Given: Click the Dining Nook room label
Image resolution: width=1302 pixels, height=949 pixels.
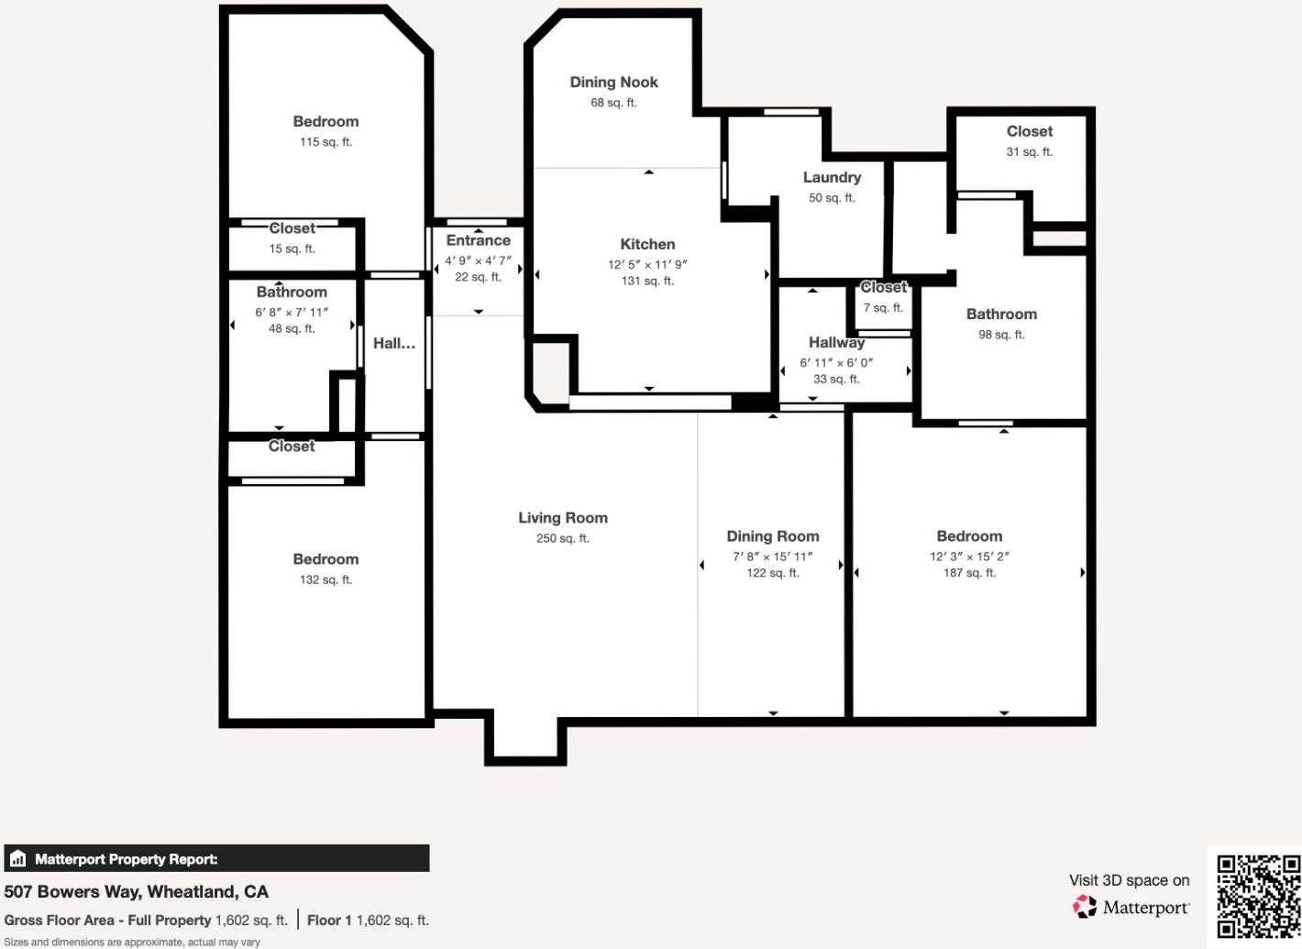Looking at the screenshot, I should (613, 83).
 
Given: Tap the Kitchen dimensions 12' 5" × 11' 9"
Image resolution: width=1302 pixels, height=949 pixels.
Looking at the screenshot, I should (647, 264).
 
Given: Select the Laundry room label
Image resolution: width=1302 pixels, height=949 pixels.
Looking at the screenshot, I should (832, 178).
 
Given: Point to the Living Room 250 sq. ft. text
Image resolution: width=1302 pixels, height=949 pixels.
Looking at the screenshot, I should (562, 538).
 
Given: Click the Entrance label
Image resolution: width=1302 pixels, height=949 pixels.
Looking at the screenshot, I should (478, 241).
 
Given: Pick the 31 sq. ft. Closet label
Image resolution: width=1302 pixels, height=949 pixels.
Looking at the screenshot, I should (1029, 132).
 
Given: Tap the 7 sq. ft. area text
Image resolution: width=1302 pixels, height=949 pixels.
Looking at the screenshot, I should (883, 308).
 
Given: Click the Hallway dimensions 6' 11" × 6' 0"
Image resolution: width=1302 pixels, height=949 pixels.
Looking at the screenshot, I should (836, 362).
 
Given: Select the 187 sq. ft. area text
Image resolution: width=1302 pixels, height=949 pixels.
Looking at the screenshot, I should (969, 573).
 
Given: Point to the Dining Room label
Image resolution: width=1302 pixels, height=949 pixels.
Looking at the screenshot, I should (773, 536).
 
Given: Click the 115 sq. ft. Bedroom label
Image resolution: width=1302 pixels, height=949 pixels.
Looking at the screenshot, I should (325, 122).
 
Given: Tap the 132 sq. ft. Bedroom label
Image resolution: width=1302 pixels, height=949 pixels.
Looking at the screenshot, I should (325, 559).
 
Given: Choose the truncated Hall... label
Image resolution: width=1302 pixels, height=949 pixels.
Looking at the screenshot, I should (393, 344).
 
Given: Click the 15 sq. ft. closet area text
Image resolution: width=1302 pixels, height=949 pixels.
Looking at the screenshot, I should (292, 249).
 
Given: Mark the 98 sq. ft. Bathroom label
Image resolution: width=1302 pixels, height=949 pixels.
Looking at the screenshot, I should (1001, 314).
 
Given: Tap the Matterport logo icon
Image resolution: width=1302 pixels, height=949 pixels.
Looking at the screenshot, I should (1085, 907).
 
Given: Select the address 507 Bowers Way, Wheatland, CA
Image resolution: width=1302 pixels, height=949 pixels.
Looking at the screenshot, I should (137, 892).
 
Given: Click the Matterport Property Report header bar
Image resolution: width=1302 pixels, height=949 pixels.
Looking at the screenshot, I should (216, 859).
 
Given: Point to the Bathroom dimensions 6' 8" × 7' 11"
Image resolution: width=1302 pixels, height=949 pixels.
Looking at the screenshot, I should (292, 313).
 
